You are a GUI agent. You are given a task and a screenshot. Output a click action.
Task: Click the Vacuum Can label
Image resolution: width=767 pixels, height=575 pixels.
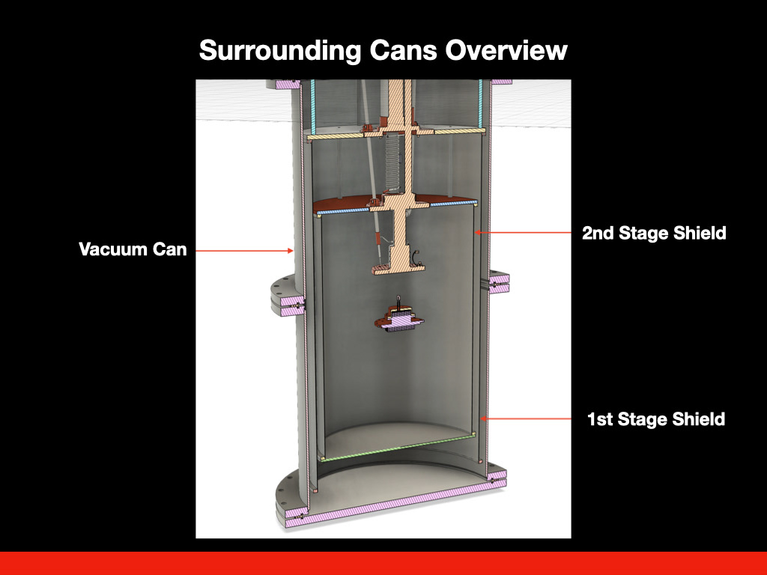pos(133,249)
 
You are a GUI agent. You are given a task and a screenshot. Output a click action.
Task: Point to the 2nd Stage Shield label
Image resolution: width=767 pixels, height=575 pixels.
pos(654,233)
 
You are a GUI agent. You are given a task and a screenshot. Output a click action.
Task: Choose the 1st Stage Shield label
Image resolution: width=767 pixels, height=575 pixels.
pos(655,419)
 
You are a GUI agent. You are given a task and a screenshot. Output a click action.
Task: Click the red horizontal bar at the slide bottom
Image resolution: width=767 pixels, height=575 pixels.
pos(383,563)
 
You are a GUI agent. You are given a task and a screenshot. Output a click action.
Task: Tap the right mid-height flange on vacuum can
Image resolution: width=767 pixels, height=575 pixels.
pos(498,283)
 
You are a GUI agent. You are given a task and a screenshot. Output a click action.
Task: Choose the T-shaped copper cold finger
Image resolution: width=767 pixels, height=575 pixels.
pos(397,240)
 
